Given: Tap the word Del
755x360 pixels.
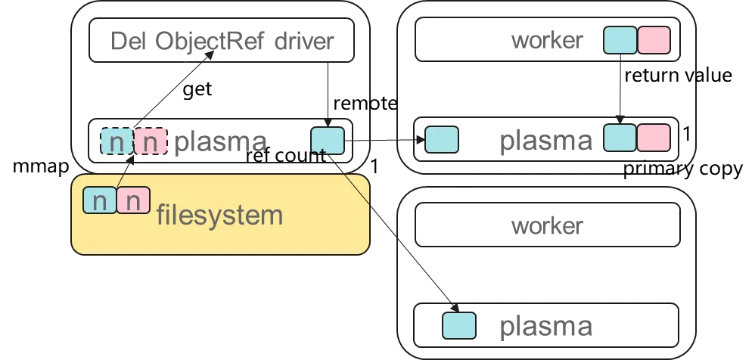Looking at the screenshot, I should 128,41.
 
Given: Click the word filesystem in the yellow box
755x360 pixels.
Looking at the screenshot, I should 219,216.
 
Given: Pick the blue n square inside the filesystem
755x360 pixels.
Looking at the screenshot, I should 100,200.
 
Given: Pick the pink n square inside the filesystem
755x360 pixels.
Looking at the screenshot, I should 133,200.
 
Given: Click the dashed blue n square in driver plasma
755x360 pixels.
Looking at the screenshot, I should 117,141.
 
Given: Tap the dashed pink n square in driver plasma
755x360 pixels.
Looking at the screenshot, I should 151,141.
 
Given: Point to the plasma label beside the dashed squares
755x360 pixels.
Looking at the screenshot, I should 220,142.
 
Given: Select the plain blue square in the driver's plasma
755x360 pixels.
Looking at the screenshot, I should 328,141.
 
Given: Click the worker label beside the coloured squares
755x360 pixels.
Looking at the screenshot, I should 547,40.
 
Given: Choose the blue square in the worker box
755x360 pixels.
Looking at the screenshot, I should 620,40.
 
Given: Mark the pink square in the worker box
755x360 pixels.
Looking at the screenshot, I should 654,40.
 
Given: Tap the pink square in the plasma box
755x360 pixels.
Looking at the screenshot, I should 654,138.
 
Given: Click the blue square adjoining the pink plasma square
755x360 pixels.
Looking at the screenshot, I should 620,138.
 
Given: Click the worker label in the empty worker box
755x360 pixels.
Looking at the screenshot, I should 547,225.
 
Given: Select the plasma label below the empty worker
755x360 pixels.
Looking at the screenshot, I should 545,327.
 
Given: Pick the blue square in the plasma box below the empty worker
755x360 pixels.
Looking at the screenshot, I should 458,325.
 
